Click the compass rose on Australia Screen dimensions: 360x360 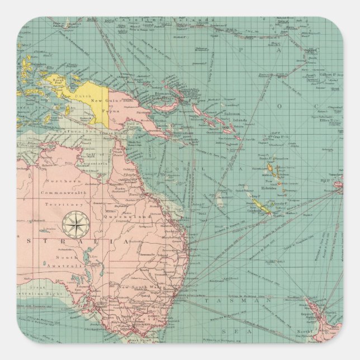[73, 224]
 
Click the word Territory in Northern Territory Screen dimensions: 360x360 [59, 205]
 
